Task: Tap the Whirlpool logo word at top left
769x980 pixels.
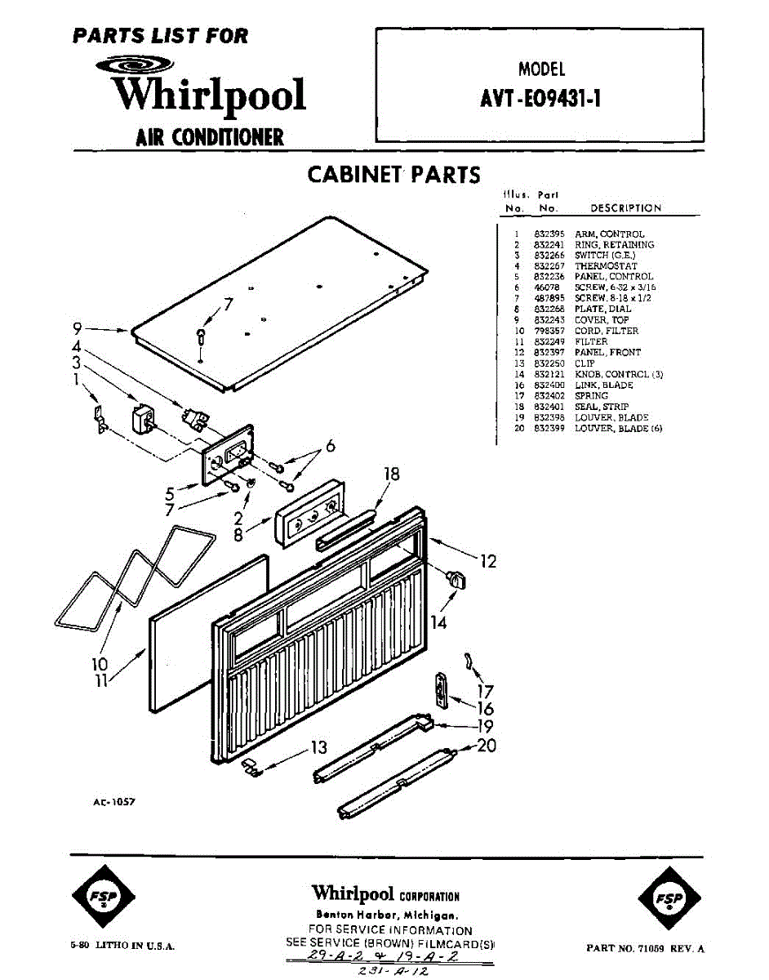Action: [x=210, y=94]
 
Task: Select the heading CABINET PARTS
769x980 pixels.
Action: [x=393, y=175]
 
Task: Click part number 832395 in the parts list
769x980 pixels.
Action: [x=548, y=234]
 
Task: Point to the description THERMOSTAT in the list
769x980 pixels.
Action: [x=606, y=266]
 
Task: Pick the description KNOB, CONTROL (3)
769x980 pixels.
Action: [x=619, y=374]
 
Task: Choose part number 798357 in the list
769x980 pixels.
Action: [x=548, y=331]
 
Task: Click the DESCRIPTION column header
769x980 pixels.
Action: [x=625, y=208]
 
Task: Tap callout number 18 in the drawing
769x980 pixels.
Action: [x=393, y=474]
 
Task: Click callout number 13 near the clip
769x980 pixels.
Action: [x=318, y=747]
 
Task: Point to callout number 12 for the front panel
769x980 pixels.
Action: [x=488, y=562]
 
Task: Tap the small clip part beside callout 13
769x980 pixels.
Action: [x=251, y=765]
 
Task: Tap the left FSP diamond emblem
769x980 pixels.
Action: [x=103, y=897]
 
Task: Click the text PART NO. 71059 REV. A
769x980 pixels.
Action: [x=645, y=948]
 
